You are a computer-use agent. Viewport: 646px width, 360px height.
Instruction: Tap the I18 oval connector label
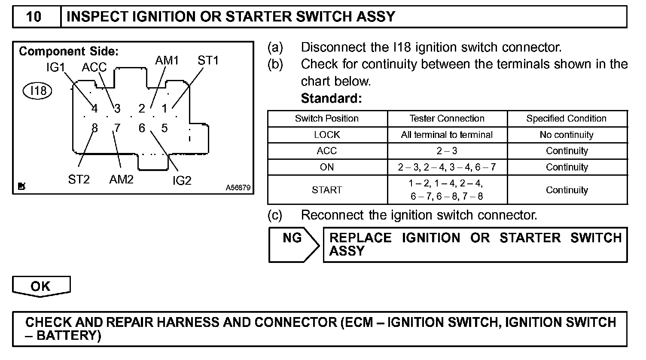click(38, 91)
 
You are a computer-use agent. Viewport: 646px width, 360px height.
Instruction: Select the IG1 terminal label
click(55, 67)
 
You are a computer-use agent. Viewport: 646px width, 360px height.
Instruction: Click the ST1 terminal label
click(208, 61)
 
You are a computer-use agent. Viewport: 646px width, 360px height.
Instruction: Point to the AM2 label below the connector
click(121, 180)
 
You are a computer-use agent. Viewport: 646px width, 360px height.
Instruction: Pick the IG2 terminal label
click(182, 181)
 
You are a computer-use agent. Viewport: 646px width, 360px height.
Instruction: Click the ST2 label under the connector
click(79, 180)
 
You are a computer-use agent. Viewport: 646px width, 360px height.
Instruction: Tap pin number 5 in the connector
click(165, 128)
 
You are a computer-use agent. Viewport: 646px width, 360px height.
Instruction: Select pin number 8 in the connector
click(94, 128)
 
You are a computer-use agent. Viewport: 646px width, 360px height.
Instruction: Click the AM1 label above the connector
click(167, 61)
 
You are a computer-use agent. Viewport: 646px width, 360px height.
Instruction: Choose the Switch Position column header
click(327, 119)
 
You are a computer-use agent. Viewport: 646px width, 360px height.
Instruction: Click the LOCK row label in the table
click(327, 135)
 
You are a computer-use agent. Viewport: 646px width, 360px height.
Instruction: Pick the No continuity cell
click(567, 135)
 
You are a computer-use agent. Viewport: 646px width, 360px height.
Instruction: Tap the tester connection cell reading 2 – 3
click(447, 151)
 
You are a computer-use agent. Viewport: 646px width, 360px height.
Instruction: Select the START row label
click(327, 190)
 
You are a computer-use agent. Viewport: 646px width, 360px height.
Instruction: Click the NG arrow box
click(293, 244)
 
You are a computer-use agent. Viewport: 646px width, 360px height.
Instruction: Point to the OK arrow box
click(41, 287)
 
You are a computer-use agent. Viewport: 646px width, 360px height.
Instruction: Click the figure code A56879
click(238, 188)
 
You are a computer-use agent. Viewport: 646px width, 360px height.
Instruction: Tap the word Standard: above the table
click(331, 98)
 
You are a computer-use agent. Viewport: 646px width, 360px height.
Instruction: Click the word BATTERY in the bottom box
click(68, 336)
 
